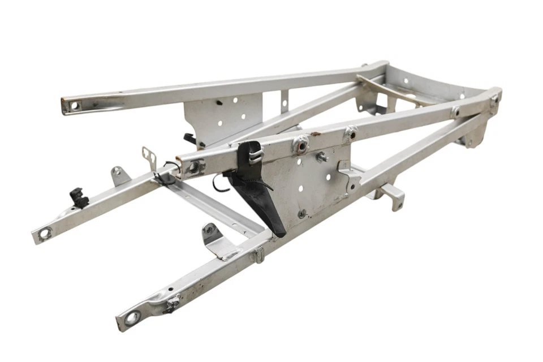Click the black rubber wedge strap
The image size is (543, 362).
point(261,198)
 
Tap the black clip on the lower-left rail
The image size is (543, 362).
point(80,197)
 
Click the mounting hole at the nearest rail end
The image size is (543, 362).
point(132,318)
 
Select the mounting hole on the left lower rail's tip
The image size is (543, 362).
point(44,232)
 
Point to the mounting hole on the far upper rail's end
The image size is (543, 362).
point(74,105)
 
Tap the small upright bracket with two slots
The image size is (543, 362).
point(149,156)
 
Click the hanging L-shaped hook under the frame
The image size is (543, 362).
point(390,195)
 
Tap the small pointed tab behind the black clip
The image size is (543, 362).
point(118,175)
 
